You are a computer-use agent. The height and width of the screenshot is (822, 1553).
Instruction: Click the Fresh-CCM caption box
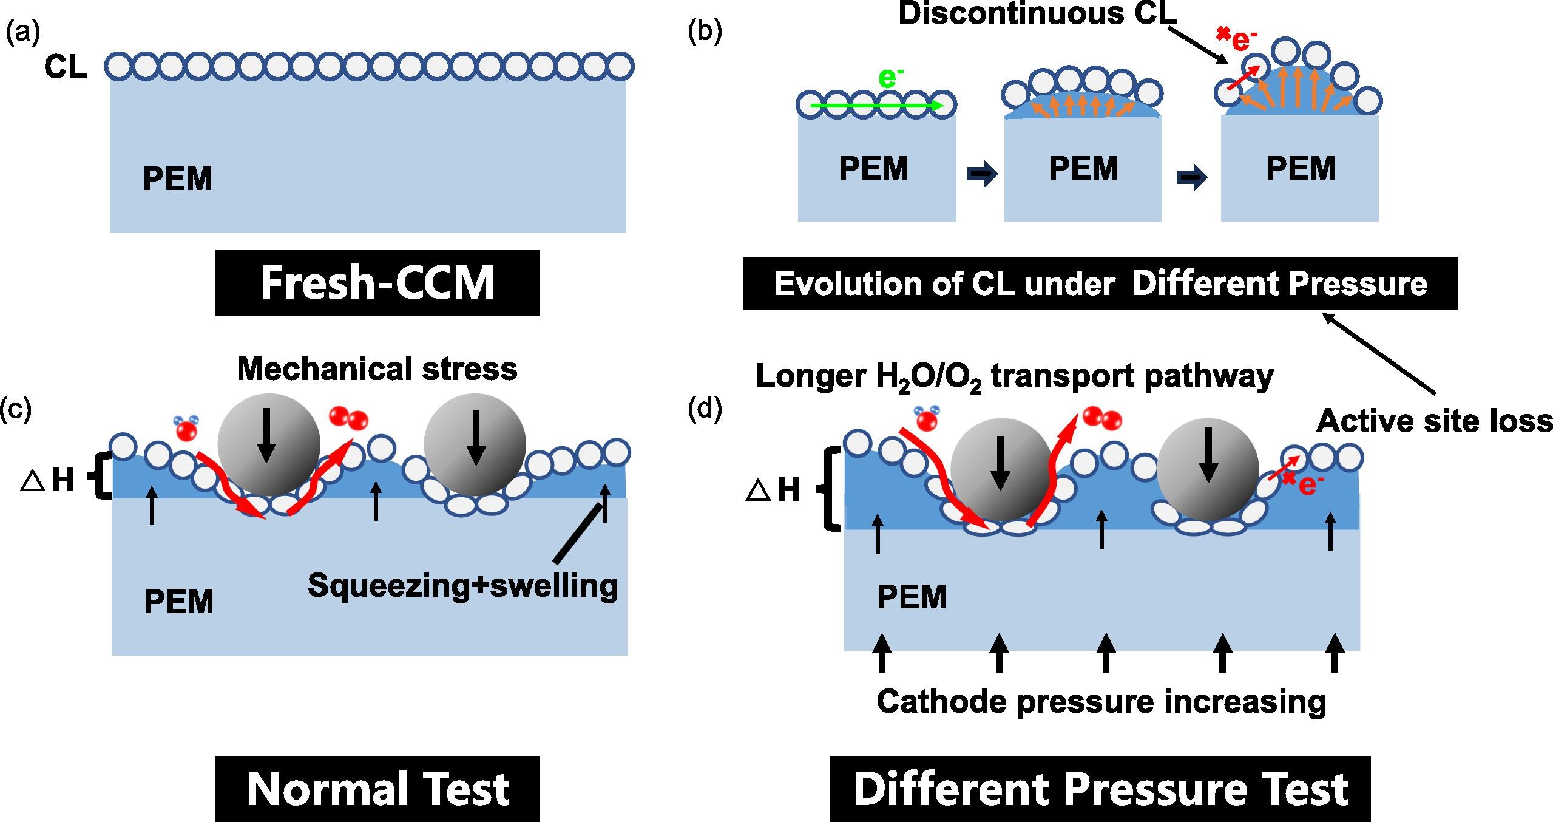coord(377,283)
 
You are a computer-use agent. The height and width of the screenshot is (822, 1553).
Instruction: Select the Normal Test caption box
coord(377,789)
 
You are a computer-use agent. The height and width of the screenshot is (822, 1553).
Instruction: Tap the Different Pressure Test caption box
coord(1100,789)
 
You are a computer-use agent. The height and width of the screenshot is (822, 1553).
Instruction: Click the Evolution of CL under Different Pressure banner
coord(1100,284)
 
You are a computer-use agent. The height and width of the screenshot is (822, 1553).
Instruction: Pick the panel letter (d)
coord(705,410)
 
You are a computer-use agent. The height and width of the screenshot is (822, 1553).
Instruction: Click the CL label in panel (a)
coord(65,68)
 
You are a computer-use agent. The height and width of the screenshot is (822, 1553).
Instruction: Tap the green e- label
coord(890,78)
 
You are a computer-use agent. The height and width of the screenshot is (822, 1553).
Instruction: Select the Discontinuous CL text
coord(1037,14)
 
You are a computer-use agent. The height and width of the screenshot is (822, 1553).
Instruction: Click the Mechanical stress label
coord(377,369)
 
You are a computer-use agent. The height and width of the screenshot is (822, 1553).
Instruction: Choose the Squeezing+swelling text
coord(462,585)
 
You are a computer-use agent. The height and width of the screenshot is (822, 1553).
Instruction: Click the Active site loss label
coord(1434,421)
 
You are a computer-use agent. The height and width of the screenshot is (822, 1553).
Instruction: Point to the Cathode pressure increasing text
coord(1101,702)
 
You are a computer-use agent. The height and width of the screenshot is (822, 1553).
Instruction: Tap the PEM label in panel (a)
coord(177,178)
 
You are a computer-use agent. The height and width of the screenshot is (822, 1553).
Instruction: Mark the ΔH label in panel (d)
coord(773,489)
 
